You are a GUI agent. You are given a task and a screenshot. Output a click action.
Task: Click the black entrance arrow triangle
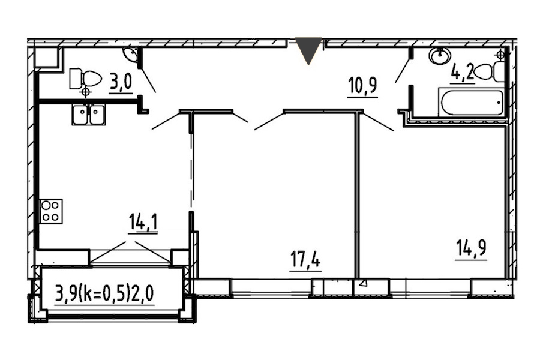pos(309,50)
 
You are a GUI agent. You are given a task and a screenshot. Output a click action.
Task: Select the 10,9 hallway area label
pos(362,88)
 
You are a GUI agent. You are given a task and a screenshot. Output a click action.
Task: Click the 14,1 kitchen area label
pos(143,223)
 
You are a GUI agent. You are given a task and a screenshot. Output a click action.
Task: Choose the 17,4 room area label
pos(305,261)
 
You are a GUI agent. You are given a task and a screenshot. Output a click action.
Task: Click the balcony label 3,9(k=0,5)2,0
pos(104,294)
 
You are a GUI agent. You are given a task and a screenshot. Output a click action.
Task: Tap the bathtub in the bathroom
pos(472,103)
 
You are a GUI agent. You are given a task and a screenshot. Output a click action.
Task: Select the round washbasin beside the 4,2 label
pos(439,55)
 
